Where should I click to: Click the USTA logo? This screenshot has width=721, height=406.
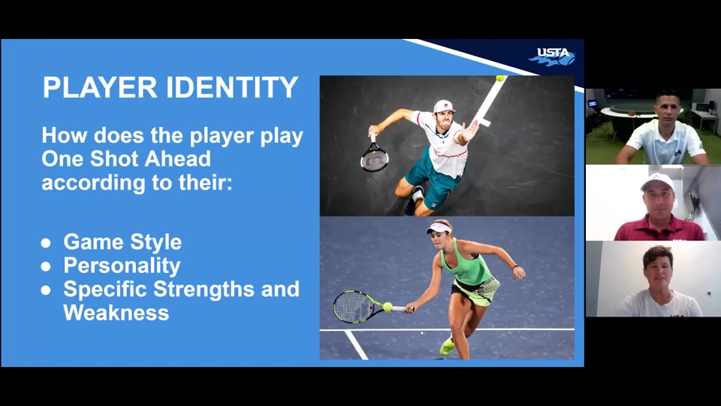(552, 56)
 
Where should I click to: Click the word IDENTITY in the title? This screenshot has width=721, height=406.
(232, 87)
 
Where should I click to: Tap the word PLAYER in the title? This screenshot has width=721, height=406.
(100, 87)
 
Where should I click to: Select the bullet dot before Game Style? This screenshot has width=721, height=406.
(46, 243)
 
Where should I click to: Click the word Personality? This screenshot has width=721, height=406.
(122, 265)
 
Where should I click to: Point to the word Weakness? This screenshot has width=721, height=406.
(116, 313)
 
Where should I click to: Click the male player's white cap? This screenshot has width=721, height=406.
(444, 107)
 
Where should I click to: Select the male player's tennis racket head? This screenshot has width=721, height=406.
(374, 158)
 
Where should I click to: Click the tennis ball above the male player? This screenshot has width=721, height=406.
(500, 78)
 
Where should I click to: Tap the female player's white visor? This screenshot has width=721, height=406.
(438, 228)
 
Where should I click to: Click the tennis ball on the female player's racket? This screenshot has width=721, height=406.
(388, 307)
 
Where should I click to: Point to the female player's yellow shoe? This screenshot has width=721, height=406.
(447, 346)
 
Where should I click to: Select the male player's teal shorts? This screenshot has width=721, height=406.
(433, 177)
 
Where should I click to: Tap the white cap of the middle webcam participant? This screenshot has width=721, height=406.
(657, 181)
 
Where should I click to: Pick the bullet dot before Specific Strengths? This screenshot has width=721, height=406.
(46, 290)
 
